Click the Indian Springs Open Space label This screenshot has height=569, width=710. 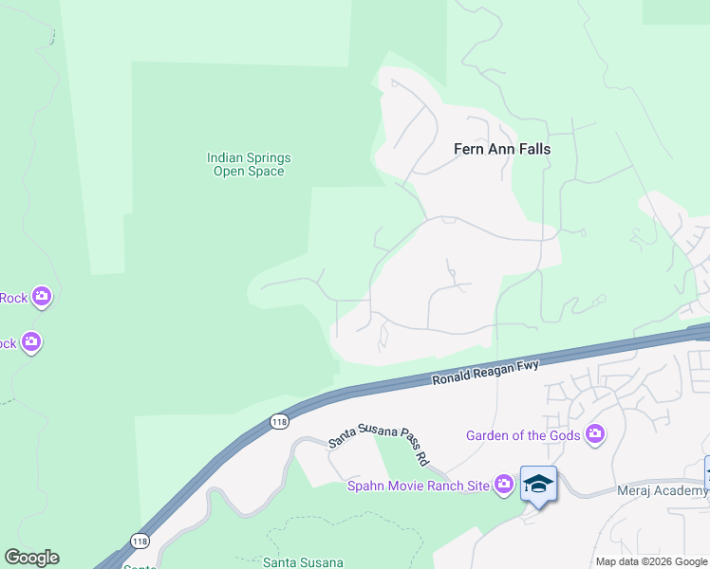[x=249, y=164]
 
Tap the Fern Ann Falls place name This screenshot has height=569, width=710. [x=502, y=149]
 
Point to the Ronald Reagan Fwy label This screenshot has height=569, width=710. [x=485, y=372]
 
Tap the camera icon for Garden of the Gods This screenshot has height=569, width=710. [x=595, y=435]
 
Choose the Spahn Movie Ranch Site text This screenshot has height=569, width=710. [x=417, y=486]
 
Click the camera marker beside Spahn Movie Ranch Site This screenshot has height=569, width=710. [x=504, y=486]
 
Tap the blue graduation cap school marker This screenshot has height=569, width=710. [x=538, y=484]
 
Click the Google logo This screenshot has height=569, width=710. [x=31, y=558]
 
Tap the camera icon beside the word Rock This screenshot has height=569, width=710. [x=41, y=298]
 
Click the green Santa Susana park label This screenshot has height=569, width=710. [x=303, y=562]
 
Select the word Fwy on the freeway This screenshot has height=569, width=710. [x=526, y=366]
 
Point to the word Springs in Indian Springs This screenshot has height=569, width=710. [x=269, y=157]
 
